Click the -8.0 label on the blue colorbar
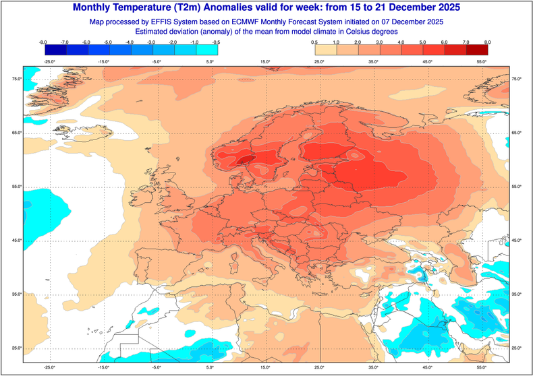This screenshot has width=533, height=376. (43, 42)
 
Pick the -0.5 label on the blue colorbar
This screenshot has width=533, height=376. (217, 42)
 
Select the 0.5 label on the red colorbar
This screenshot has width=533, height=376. (315, 42)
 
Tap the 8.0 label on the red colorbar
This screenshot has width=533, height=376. (487, 42)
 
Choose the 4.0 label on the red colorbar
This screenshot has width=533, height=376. (401, 42)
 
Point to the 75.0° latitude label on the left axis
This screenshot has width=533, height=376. (16, 80)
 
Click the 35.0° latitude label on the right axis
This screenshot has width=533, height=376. (517, 294)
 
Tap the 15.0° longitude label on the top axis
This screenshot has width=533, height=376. (264, 62)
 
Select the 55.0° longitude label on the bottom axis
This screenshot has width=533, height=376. (482, 368)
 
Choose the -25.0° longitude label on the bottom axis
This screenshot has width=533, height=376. (49, 368)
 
